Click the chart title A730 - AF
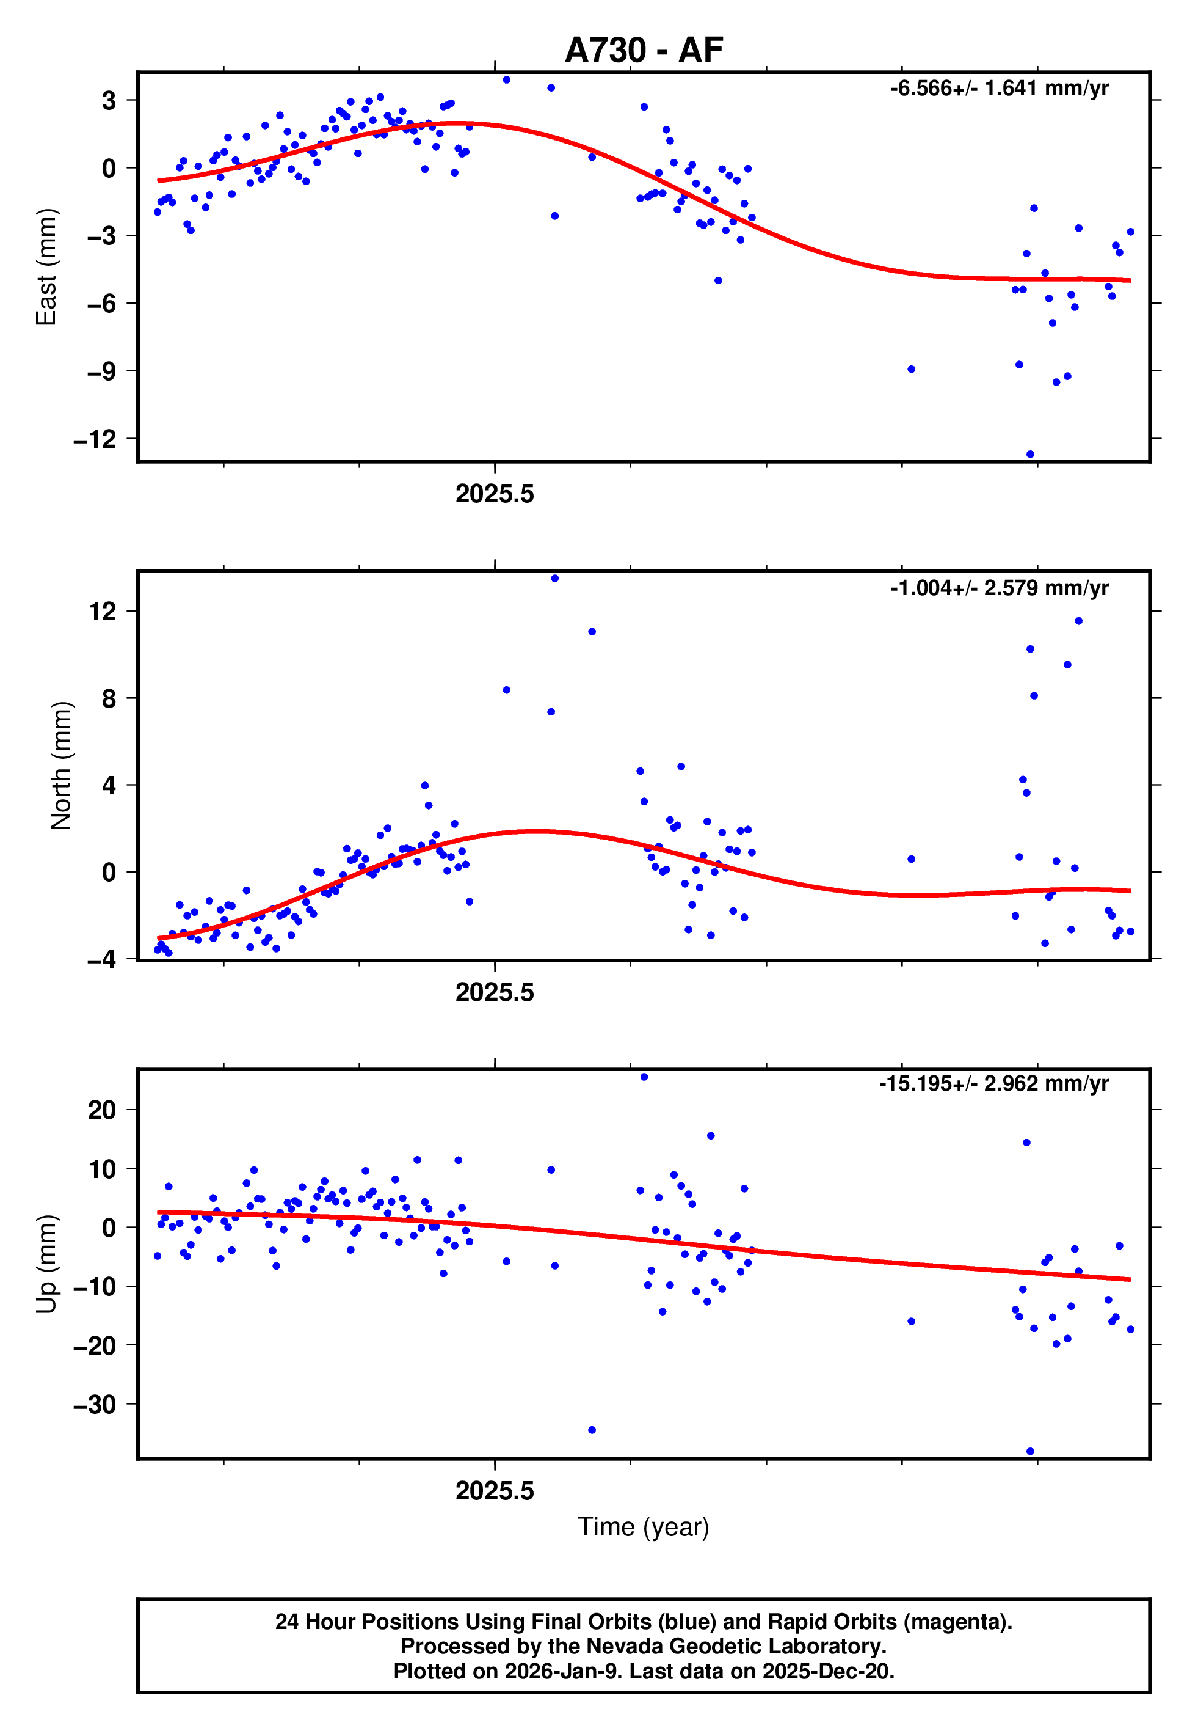tap(644, 50)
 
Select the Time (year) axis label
tap(644, 1527)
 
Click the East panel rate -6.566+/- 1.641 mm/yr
tap(999, 89)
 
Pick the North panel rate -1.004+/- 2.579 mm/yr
tap(999, 588)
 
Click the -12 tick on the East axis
tap(95, 439)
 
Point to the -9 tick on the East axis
tap(102, 371)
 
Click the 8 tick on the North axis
tap(109, 698)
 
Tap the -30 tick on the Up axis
tap(95, 1404)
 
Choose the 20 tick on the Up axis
tap(102, 1110)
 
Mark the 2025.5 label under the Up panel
tap(495, 1491)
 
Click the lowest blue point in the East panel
tap(1030, 455)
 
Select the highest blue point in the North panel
tap(554, 578)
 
